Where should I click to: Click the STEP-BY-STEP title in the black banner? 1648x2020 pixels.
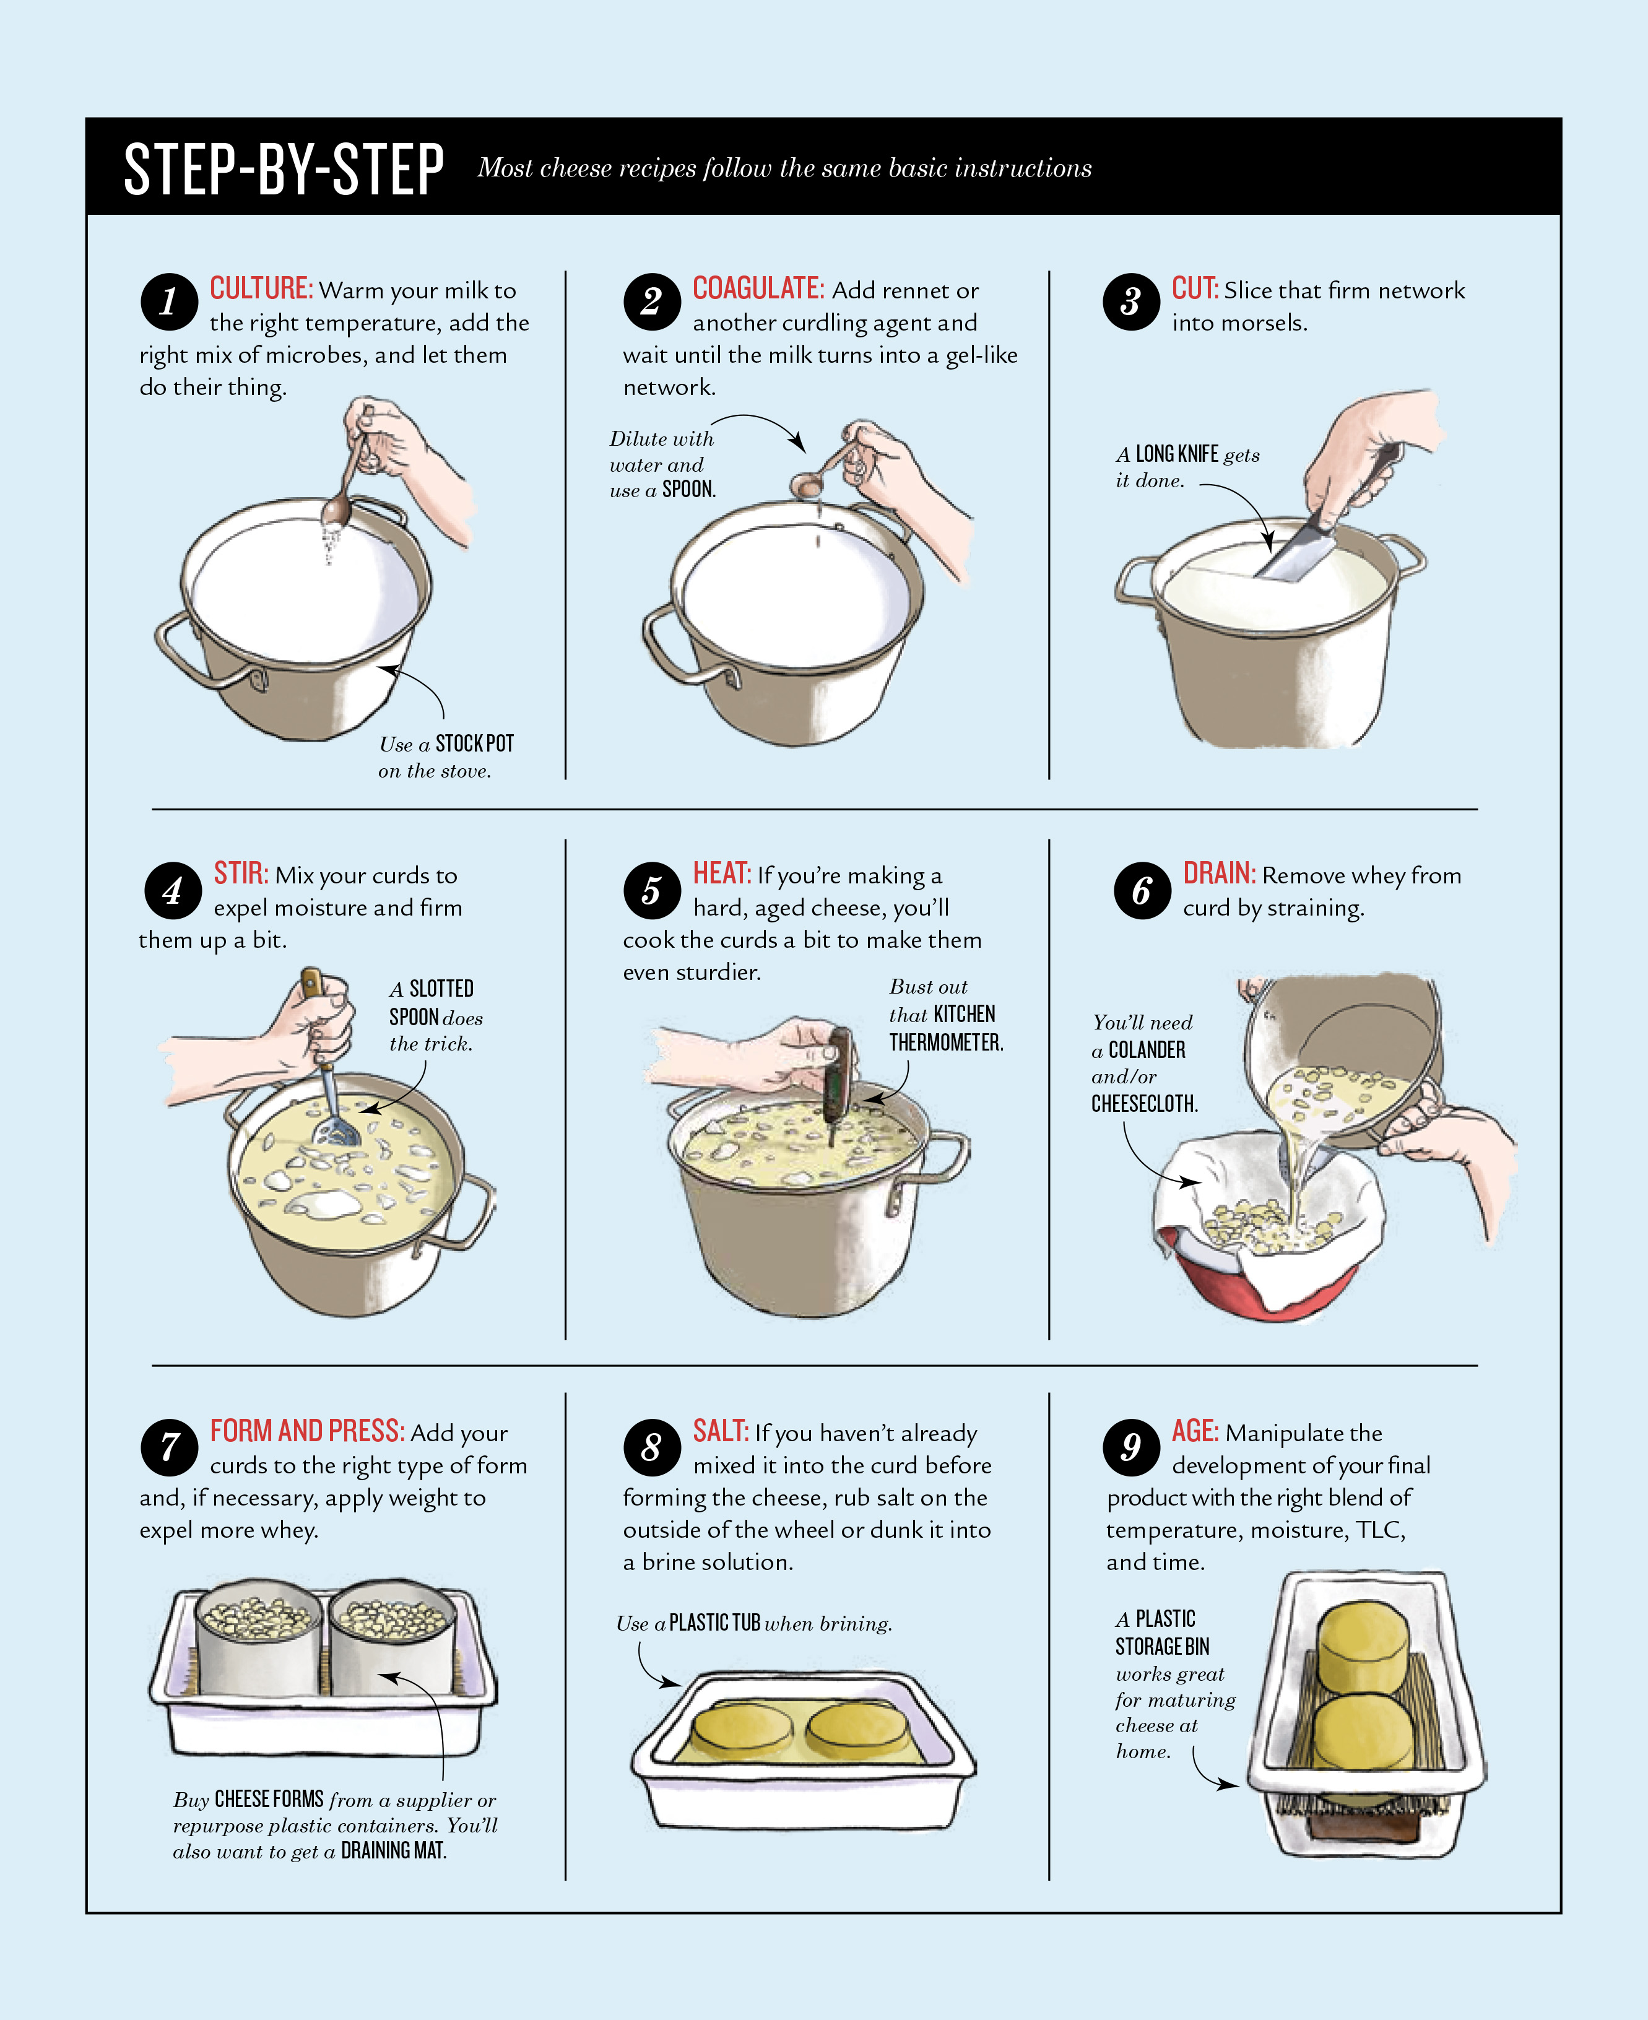tap(284, 169)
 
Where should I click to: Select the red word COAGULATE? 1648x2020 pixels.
tap(758, 288)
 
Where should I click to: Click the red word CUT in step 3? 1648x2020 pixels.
tap(1194, 288)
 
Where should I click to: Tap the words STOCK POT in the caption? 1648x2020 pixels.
tap(475, 743)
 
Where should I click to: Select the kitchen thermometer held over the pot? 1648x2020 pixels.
tap(835, 1082)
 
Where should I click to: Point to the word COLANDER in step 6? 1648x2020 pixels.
tap(1147, 1050)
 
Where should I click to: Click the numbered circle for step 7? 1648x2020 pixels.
tap(169, 1447)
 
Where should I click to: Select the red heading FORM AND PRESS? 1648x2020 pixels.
tap(308, 1431)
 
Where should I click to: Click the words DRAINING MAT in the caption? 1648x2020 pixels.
tap(393, 1850)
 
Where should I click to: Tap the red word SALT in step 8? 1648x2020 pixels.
tap(721, 1431)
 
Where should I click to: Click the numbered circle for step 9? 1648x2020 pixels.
tap(1130, 1447)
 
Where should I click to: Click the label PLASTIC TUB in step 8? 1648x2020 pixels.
tap(715, 1623)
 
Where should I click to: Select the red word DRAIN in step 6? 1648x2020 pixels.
tap(1219, 873)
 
